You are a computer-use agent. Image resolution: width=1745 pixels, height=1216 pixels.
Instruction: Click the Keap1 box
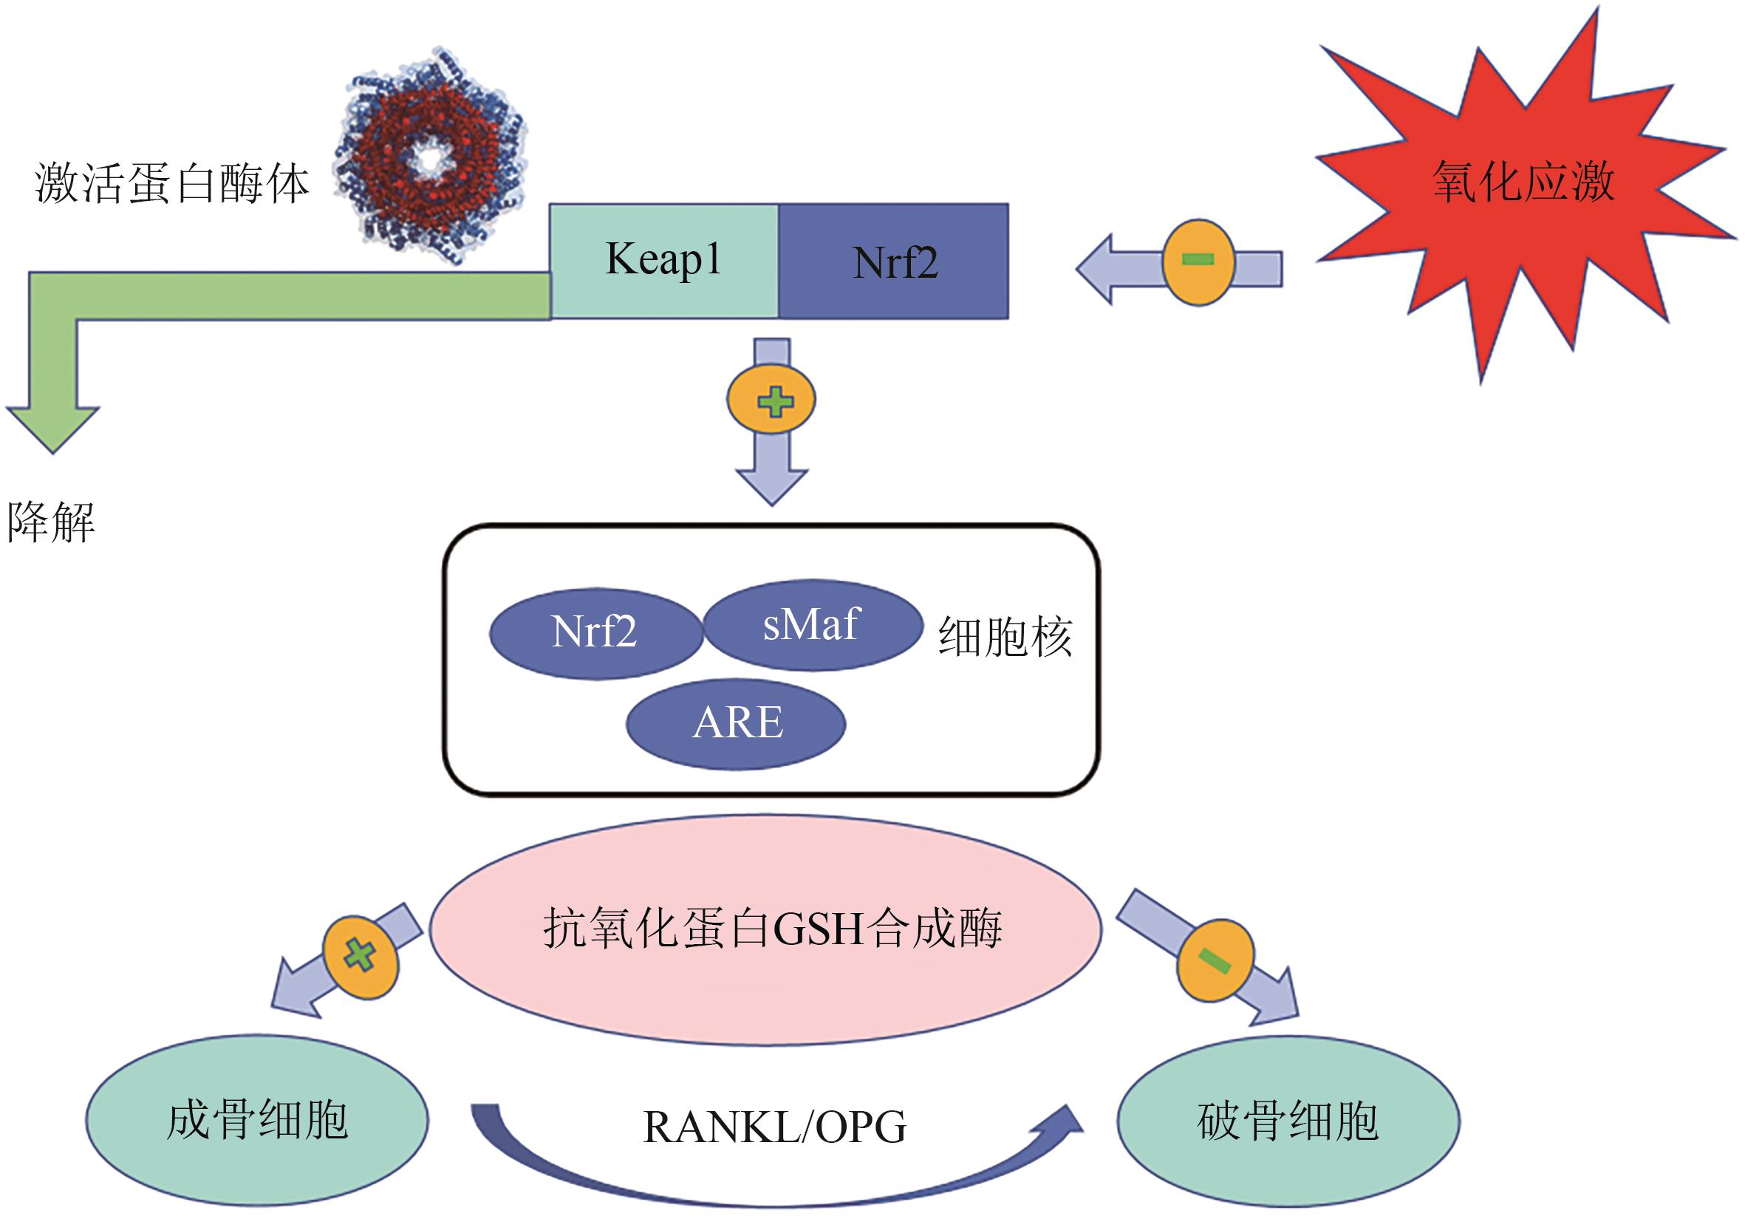point(663,260)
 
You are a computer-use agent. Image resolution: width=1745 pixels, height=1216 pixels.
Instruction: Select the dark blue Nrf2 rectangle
point(894,262)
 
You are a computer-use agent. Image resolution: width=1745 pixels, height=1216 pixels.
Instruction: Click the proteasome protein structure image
point(431,156)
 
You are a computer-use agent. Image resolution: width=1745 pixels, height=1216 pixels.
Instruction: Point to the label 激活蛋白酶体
point(171,185)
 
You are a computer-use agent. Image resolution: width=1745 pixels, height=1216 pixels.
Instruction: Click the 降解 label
point(51,523)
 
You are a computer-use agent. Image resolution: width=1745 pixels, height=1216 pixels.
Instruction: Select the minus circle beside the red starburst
point(1198,262)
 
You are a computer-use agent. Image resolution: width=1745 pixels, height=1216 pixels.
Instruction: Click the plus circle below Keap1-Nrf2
point(771,400)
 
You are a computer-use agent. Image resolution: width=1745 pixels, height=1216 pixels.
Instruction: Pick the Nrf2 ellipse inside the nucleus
point(595,632)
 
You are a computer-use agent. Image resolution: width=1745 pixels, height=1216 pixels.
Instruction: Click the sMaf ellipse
point(812,625)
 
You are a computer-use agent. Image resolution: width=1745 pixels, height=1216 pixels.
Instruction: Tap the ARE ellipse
point(736,723)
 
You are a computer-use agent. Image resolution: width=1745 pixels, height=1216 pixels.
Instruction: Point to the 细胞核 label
point(1005,636)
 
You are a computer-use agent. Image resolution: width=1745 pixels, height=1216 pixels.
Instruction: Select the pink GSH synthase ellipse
point(766,929)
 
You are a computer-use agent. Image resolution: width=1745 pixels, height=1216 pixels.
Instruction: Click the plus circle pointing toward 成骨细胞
point(361,955)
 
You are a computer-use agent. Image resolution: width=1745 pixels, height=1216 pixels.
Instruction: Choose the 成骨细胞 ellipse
point(257,1120)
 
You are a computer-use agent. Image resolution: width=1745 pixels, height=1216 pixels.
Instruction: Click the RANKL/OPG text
point(774,1127)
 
